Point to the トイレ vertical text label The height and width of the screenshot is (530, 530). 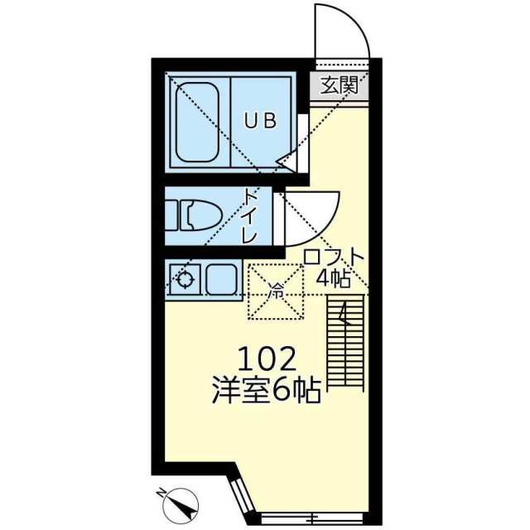pyautogui.click(x=250, y=216)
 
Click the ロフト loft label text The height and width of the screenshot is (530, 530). pyautogui.click(x=333, y=258)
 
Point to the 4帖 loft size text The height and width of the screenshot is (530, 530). pyautogui.click(x=333, y=278)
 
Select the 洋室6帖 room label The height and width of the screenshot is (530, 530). pyautogui.click(x=266, y=389)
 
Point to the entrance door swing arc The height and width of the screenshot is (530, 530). pyautogui.click(x=341, y=33)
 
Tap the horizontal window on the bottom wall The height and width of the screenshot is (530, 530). pyautogui.click(x=313, y=518)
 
